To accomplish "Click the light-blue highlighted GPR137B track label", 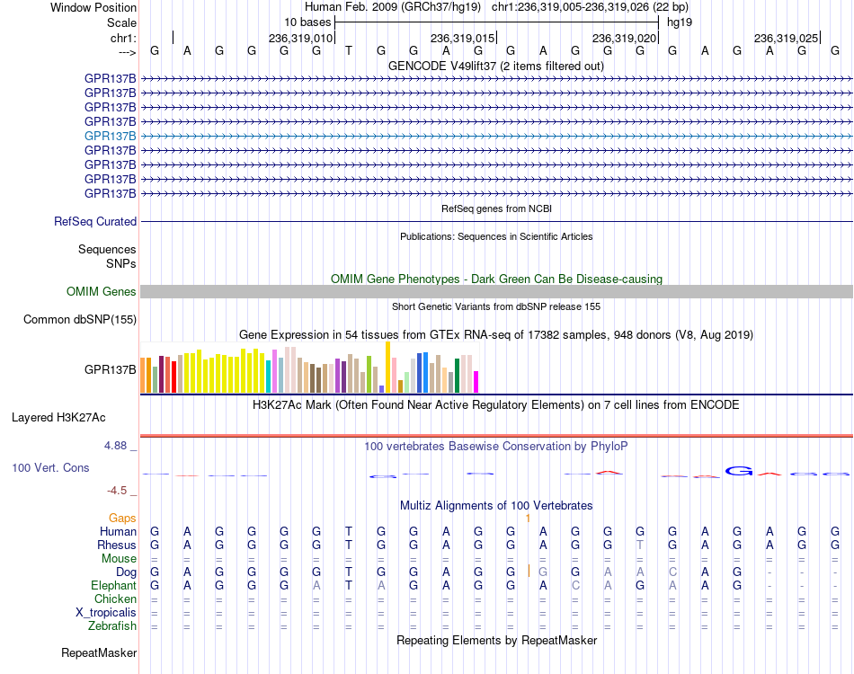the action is [x=110, y=136].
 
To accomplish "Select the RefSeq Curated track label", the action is [x=95, y=222].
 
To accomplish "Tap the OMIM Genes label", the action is [x=102, y=291].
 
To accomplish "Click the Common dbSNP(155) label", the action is [x=80, y=320].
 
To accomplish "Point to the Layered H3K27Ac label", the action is [x=58, y=418].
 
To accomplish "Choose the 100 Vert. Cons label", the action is [x=50, y=467].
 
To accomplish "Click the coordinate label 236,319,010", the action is [x=300, y=38].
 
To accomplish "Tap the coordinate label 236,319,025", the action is [x=786, y=38].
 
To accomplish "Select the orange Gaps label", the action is [x=122, y=518].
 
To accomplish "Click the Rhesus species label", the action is [x=117, y=545].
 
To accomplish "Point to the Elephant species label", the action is [x=114, y=585].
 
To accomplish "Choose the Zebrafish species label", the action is [x=112, y=626].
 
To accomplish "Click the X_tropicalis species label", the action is [x=106, y=613].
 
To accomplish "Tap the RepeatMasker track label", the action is [x=99, y=652].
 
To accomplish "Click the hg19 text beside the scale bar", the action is [x=680, y=22].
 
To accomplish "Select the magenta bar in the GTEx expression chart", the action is [x=476, y=382].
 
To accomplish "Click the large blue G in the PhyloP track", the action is [x=739, y=471].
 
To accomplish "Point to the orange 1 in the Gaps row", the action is [x=528, y=519].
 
